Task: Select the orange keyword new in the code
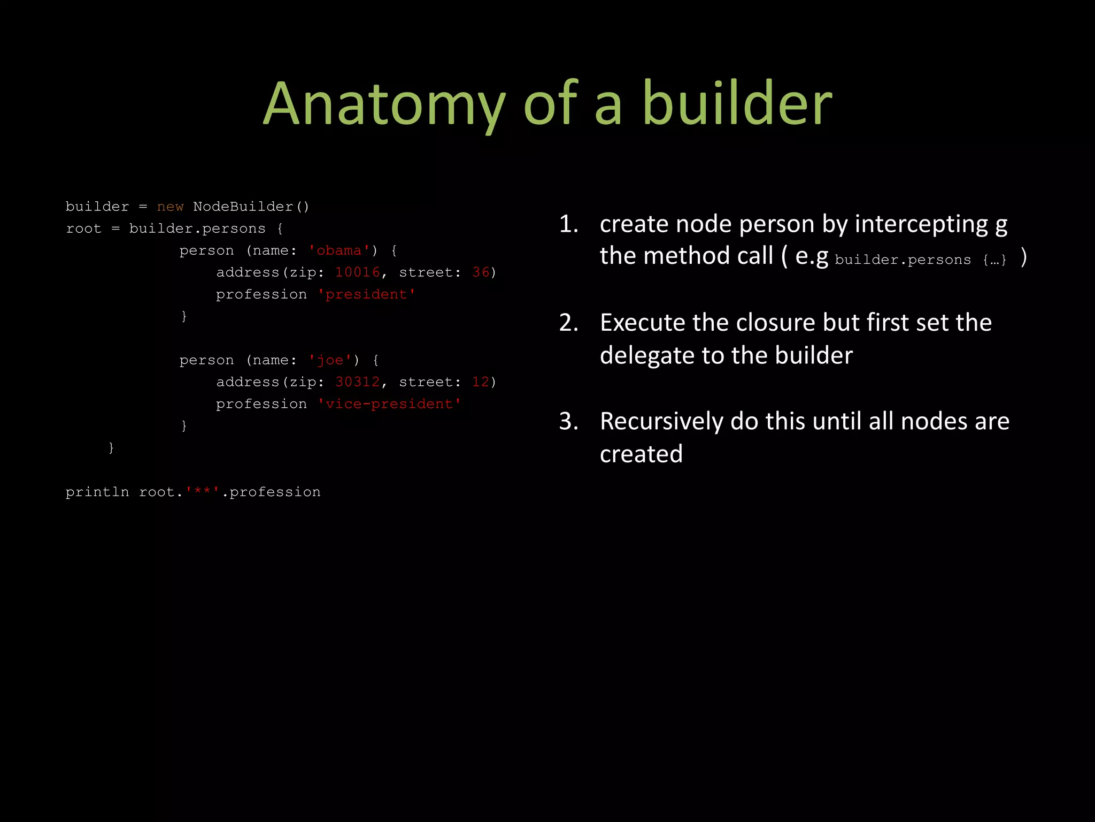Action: tap(170, 207)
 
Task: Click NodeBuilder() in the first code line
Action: tap(251, 207)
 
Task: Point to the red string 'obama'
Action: tap(339, 250)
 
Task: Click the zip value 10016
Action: tap(357, 272)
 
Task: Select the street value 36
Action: tap(481, 272)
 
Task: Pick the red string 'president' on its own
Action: tap(366, 294)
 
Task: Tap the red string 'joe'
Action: tap(330, 360)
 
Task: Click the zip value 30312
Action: tap(357, 382)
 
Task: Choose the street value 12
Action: tap(481, 382)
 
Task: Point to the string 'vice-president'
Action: tap(389, 404)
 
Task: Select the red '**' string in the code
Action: tap(203, 492)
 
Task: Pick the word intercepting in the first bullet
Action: tap(921, 224)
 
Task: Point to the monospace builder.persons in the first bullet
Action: tap(903, 260)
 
